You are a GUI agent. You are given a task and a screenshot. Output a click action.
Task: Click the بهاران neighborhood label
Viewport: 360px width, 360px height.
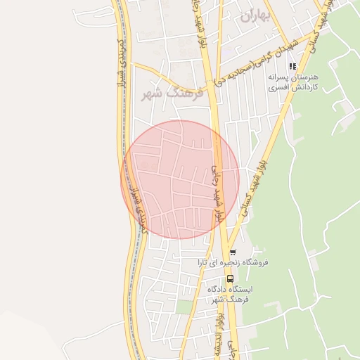[255, 17]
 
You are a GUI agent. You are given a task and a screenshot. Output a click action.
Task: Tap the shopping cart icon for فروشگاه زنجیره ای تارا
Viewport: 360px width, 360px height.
[233, 252]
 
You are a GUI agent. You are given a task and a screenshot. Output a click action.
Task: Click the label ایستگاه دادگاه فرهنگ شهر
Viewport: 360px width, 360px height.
[230, 295]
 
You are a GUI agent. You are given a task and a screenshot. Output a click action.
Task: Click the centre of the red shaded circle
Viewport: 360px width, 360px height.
[181, 180]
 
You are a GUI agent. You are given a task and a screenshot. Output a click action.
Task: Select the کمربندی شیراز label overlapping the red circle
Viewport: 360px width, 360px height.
[134, 203]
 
